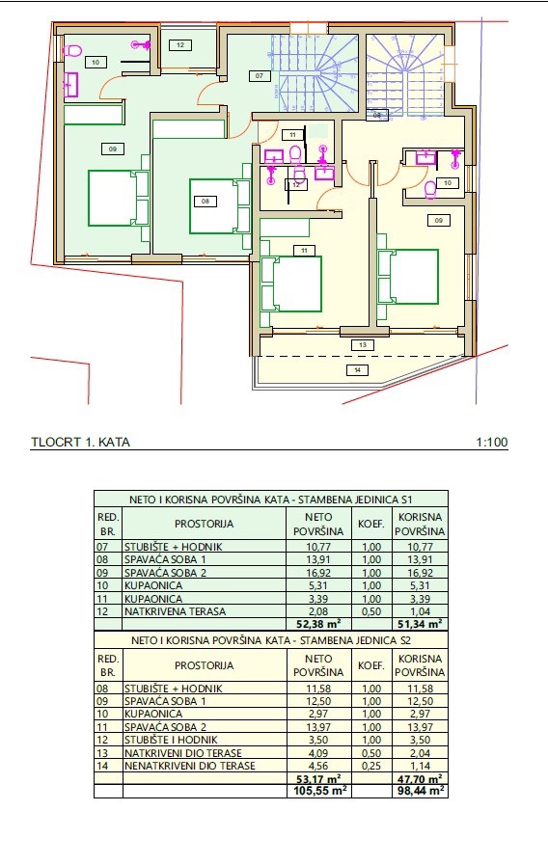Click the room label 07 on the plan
click(x=259, y=75)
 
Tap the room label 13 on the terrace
click(x=361, y=344)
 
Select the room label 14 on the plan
click(x=357, y=369)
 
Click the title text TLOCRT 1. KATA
click(x=80, y=443)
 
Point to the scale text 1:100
click(x=491, y=443)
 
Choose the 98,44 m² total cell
click(x=420, y=789)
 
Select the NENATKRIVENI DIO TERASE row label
click(x=191, y=766)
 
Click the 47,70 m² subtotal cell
click(x=420, y=777)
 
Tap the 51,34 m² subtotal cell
click(x=420, y=623)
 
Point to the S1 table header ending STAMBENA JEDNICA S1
click(x=271, y=499)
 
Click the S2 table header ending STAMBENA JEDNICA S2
click(x=271, y=638)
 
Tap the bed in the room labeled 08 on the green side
click(x=213, y=205)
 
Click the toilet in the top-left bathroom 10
click(x=72, y=50)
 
